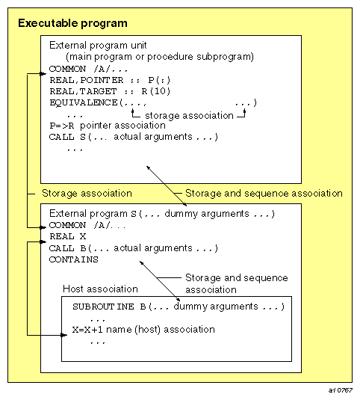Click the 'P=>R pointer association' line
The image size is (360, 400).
click(107, 126)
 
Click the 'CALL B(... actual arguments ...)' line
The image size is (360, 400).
click(133, 247)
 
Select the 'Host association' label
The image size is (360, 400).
click(102, 289)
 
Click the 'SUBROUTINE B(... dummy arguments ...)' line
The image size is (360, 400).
click(179, 307)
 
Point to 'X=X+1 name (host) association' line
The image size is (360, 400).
click(143, 329)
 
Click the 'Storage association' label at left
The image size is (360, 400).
click(87, 194)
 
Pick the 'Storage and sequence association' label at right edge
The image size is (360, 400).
click(264, 194)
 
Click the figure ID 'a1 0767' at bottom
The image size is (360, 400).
click(341, 390)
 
